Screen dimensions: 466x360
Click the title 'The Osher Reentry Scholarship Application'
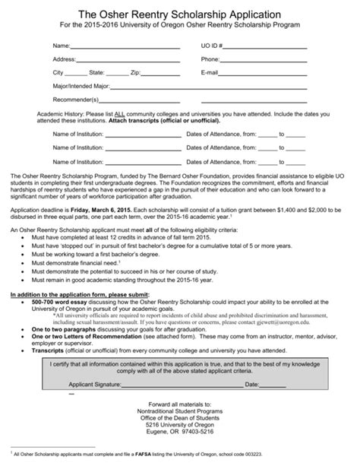point(180,14)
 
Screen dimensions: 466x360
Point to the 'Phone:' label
point(210,59)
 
